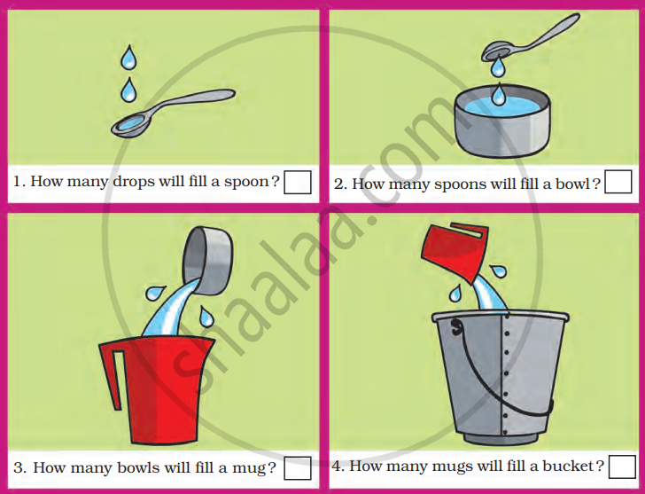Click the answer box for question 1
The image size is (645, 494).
(x=298, y=183)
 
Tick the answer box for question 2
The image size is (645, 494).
(x=618, y=182)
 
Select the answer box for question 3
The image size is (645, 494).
(x=298, y=468)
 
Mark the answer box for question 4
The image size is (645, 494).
(x=622, y=467)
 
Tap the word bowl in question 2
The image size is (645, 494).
(x=573, y=184)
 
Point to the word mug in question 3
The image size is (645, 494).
(x=251, y=469)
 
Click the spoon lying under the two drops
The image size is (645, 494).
(x=173, y=113)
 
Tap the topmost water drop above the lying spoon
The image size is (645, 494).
(x=128, y=58)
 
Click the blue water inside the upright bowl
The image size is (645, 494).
(x=501, y=108)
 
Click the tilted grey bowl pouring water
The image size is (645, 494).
(x=207, y=261)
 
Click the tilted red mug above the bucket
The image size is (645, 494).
(x=455, y=252)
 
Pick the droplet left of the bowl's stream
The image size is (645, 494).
(x=155, y=293)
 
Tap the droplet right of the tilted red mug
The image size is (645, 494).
(x=498, y=271)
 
